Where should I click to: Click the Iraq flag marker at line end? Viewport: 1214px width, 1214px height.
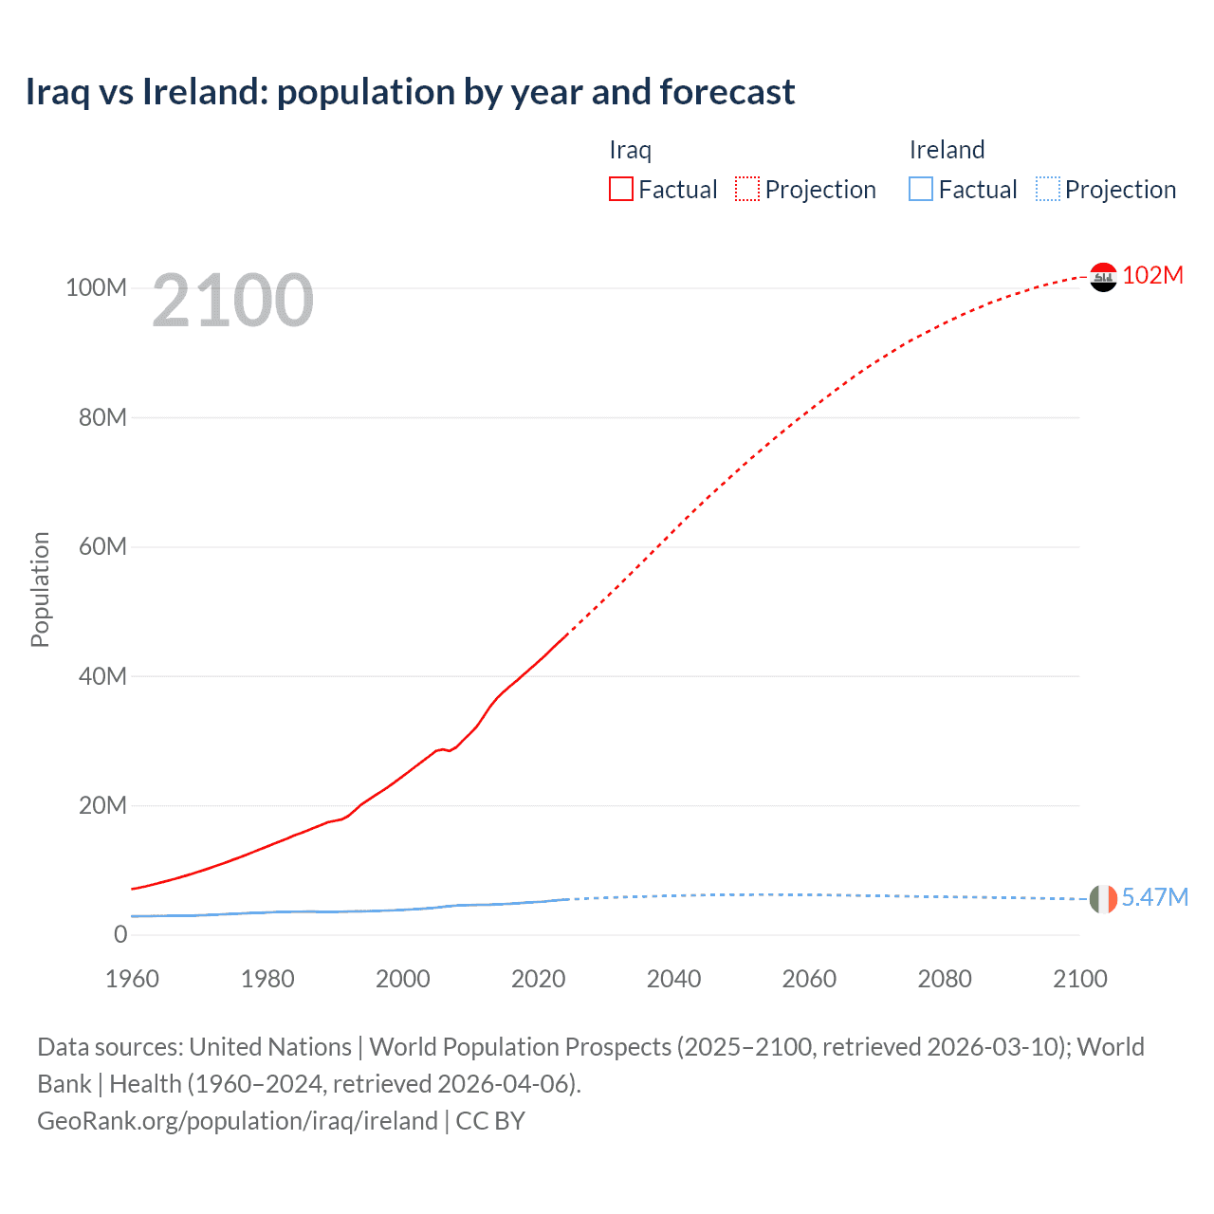[x=1103, y=277]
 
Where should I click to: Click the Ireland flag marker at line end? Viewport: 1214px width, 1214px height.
[x=1103, y=898]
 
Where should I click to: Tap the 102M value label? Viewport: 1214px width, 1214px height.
[x=1152, y=275]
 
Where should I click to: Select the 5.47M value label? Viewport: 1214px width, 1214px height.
[x=1154, y=897]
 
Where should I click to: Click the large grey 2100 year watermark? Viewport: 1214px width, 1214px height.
[x=232, y=301]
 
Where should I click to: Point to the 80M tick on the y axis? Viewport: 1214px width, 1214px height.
[x=102, y=417]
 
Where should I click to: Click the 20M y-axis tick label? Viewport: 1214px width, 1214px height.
[x=102, y=805]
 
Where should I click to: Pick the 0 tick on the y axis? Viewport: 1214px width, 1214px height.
[x=120, y=934]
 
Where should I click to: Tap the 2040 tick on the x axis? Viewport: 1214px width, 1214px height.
[x=673, y=979]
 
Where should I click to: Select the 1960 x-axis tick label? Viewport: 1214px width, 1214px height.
[x=132, y=979]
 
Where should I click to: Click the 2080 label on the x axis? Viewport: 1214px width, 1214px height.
[x=944, y=979]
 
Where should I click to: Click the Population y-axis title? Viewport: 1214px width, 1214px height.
[x=40, y=589]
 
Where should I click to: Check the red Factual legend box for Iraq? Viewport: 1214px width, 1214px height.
[x=621, y=189]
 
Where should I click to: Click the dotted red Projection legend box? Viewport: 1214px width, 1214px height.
[x=747, y=189]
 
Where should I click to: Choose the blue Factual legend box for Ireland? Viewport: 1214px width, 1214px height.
[x=921, y=189]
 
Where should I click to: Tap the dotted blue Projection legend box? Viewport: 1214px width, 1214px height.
[x=1048, y=189]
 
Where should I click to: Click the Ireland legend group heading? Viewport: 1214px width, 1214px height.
[x=947, y=150]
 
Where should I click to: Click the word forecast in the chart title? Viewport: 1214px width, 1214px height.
[x=727, y=92]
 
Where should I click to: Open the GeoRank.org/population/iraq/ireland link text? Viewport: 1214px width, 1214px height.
[x=237, y=1121]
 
